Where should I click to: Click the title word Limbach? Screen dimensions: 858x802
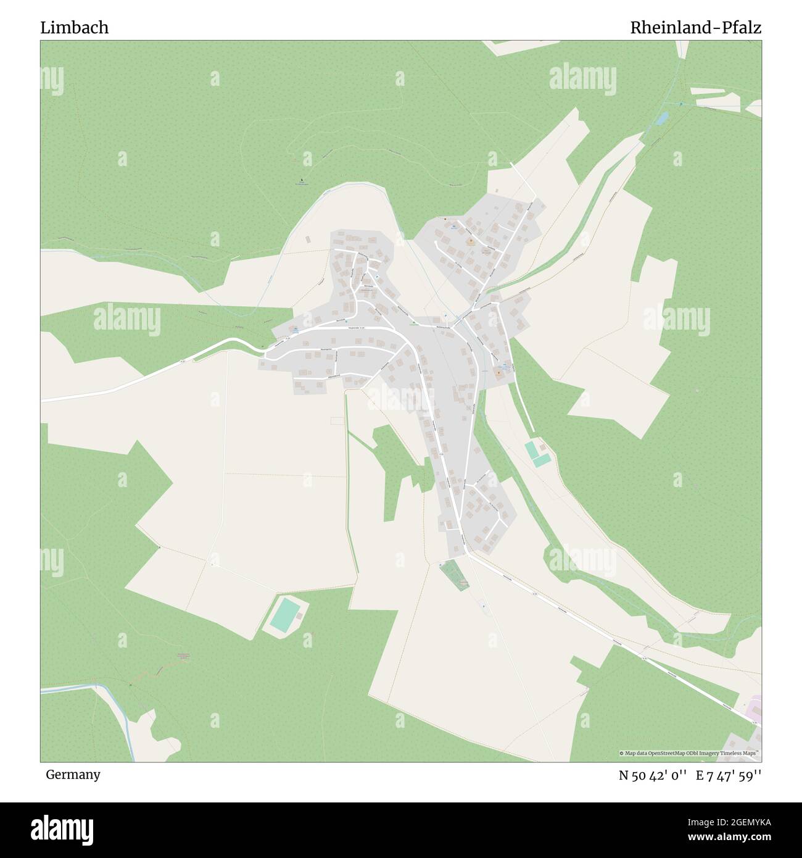tap(75, 28)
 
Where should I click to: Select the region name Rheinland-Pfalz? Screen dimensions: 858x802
tap(695, 28)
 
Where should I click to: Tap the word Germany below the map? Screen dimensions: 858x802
tap(73, 775)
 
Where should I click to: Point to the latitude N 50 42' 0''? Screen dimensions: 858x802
tap(653, 776)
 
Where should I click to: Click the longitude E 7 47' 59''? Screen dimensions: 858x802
tap(729, 776)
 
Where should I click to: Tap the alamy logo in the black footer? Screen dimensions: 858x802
tap(62, 829)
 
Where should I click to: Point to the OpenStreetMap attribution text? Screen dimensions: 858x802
tap(690, 753)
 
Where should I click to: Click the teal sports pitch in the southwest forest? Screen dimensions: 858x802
tap(286, 614)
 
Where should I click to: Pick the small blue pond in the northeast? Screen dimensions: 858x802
tap(662, 118)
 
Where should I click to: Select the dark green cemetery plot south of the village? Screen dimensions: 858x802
tap(455, 575)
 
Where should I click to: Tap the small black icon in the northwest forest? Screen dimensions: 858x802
tap(301, 181)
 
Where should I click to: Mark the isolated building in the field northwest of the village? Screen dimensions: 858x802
tap(308, 239)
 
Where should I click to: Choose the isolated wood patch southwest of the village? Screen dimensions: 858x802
tap(395, 469)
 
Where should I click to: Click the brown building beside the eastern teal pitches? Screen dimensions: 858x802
tap(543, 447)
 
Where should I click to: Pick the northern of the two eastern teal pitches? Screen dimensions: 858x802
tap(531, 449)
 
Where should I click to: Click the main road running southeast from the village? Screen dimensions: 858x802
tap(586, 617)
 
